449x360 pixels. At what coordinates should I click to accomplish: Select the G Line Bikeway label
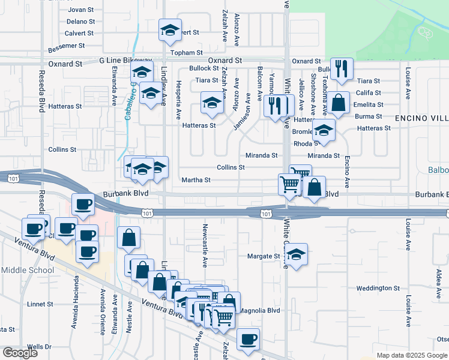[x=125, y=61]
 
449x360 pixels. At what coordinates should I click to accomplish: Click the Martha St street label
[x=196, y=180]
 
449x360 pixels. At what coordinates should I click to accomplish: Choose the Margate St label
[x=264, y=256]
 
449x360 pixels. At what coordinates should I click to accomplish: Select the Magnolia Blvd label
[x=260, y=311]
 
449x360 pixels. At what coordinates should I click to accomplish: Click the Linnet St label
[x=41, y=305]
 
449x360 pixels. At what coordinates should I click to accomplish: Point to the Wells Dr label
[x=39, y=347]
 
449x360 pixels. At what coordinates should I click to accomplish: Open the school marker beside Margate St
[x=296, y=254]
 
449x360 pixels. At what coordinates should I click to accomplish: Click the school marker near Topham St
[x=170, y=31]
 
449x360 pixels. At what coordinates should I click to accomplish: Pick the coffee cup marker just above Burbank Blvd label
[x=83, y=205]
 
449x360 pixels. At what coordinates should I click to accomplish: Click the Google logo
[x=20, y=353]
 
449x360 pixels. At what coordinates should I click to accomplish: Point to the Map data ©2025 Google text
[x=412, y=355]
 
